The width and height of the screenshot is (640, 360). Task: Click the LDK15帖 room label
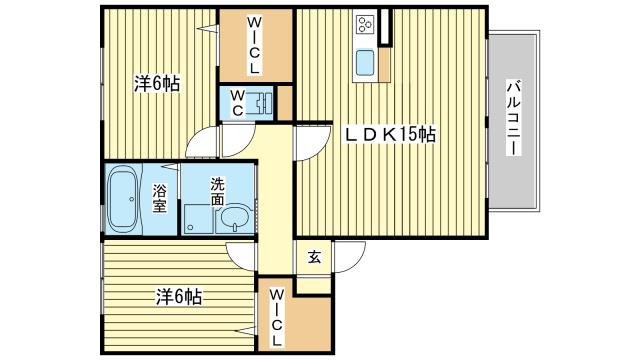[x=389, y=133]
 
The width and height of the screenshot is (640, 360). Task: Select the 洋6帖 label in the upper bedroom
[x=158, y=85]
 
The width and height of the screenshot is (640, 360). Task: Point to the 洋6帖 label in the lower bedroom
[x=179, y=296]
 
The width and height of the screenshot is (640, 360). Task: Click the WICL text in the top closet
[x=254, y=46]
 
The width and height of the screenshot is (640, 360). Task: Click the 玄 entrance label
[x=313, y=257]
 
